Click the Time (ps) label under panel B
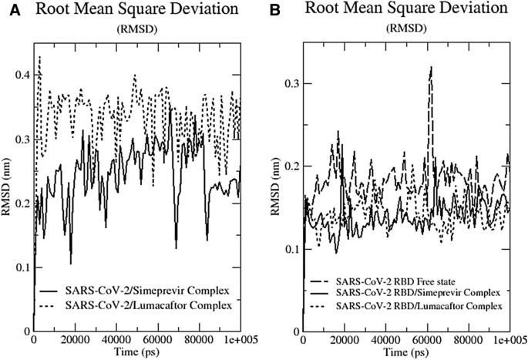click(x=405, y=352)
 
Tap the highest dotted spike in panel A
click(x=40, y=57)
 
